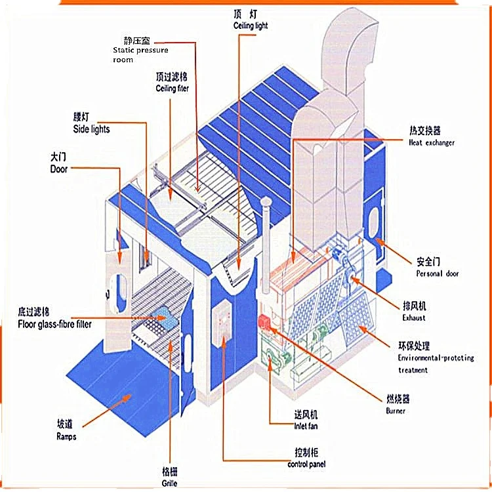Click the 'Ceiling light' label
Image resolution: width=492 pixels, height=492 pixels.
[x=251, y=26]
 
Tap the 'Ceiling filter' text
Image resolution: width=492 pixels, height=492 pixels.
[x=172, y=88]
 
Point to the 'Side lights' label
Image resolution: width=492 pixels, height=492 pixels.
[x=91, y=129]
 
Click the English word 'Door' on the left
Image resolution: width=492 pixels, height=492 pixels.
[x=59, y=169]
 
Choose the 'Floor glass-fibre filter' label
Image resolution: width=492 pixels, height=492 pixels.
[x=54, y=324]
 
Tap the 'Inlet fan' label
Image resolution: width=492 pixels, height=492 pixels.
[x=305, y=426]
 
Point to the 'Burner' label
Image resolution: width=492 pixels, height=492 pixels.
[x=396, y=411]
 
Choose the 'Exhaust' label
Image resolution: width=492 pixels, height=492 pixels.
[x=414, y=318]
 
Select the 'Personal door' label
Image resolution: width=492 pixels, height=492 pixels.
[x=438, y=273]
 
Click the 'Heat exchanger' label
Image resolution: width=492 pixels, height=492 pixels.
[x=431, y=142]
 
